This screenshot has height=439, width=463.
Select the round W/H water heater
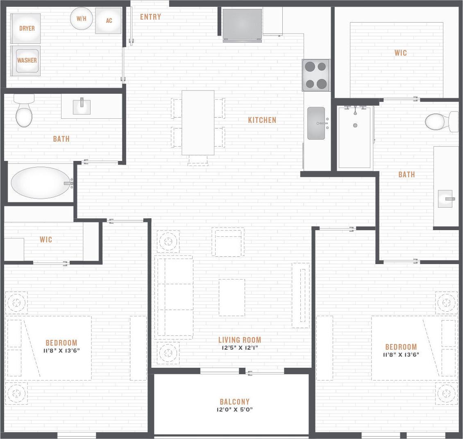pos(82,19)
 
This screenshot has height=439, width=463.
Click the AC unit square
pos(109,20)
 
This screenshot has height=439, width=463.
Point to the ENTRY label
pos(150,17)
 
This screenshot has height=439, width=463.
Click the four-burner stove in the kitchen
pos(316,75)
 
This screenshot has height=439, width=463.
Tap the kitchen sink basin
pos(316,123)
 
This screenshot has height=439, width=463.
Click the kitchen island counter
pos(198,122)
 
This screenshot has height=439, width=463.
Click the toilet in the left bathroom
pos(24,113)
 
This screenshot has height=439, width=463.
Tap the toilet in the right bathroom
pos(440,121)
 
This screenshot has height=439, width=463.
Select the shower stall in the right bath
pos(355,137)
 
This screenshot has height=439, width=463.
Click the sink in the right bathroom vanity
pos(446,199)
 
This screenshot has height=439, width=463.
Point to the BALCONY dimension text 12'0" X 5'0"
pos(234,410)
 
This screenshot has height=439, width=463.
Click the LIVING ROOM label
pos(239,339)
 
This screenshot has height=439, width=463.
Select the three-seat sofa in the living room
pos(174,297)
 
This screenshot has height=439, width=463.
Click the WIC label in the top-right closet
pos(400,53)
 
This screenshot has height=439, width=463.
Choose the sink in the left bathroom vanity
pos(82,106)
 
